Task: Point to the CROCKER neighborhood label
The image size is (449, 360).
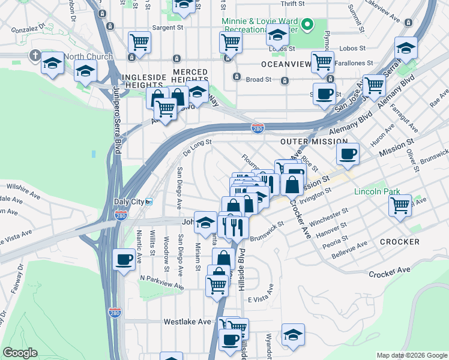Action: pyautogui.click(x=399, y=242)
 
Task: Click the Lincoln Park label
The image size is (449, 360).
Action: pyautogui.click(x=372, y=192)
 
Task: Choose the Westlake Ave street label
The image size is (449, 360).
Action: pyautogui.click(x=188, y=322)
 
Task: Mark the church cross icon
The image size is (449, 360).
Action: pyautogui.click(x=35, y=56)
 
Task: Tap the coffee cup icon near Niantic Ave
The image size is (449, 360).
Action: pyautogui.click(x=124, y=259)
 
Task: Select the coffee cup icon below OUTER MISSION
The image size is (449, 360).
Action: pyautogui.click(x=348, y=154)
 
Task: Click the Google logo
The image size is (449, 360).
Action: pyautogui.click(x=20, y=353)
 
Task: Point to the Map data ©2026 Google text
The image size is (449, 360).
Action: pyautogui.click(x=412, y=355)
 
